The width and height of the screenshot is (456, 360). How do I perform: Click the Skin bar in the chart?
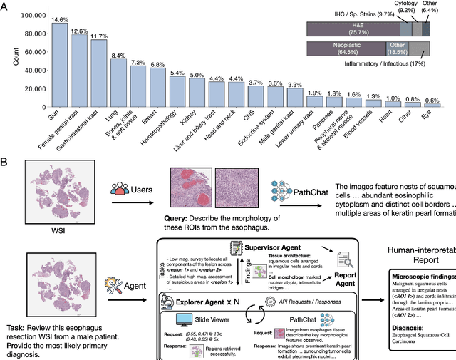[x=59, y=65]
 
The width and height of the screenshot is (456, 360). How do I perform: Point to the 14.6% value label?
[x=59, y=19]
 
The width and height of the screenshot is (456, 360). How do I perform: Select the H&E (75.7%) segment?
[x=351, y=28]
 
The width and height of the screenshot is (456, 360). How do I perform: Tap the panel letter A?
[x=5, y=6]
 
